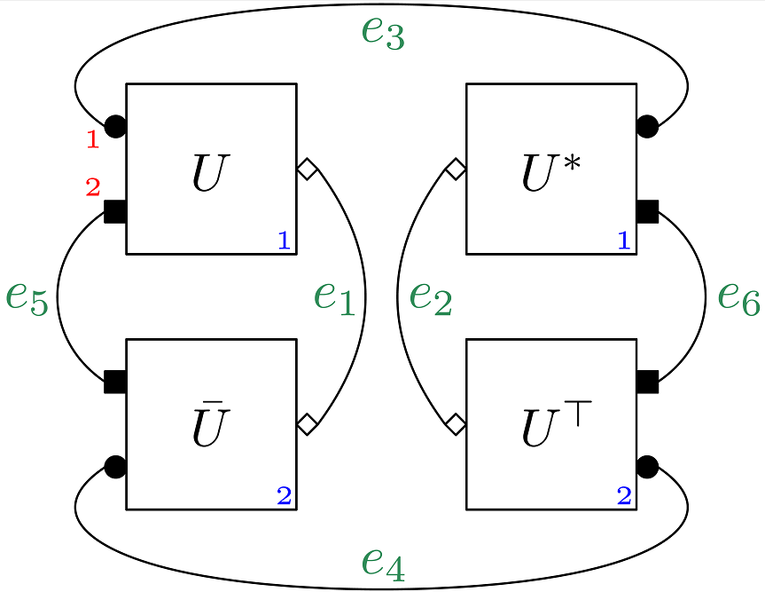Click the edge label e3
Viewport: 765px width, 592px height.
[383, 33]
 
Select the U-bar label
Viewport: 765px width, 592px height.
[212, 427]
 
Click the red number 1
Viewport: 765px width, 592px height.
[92, 138]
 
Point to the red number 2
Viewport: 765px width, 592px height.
[93, 187]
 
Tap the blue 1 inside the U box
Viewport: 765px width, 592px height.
[284, 240]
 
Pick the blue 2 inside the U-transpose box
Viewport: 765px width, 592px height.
[624, 495]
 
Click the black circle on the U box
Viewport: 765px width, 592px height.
[116, 127]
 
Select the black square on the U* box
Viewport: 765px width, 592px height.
[647, 211]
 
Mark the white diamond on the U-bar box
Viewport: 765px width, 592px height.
[307, 424]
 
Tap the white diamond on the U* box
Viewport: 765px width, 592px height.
[456, 169]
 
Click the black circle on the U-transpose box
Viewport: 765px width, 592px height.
[647, 466]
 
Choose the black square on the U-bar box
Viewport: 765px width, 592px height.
[115, 382]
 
